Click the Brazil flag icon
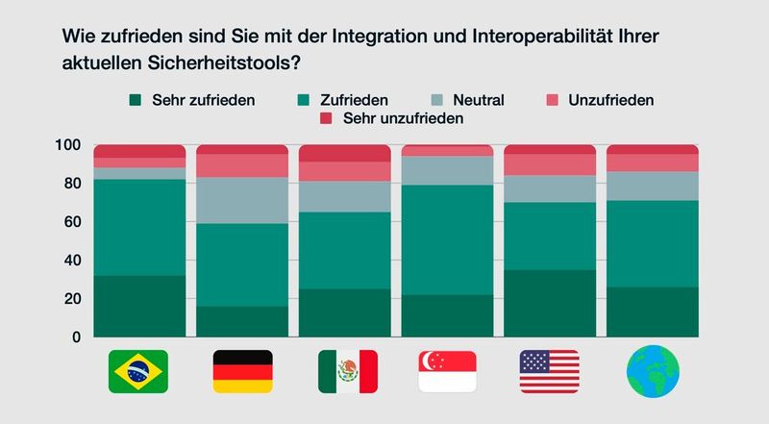(x=138, y=371)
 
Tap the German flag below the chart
(x=242, y=371)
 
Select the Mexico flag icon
(x=346, y=371)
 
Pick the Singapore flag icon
(x=448, y=371)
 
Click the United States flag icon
(x=550, y=371)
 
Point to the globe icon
(x=653, y=371)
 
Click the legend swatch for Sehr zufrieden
(x=136, y=99)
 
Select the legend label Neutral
(x=478, y=99)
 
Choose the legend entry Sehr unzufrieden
(x=394, y=118)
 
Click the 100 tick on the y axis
(x=66, y=145)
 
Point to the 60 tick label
(x=70, y=222)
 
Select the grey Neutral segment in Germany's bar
(x=242, y=200)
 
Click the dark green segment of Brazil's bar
(x=138, y=306)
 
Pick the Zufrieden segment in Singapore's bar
(x=448, y=239)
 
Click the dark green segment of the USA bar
(x=550, y=303)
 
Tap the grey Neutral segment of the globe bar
(x=653, y=186)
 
